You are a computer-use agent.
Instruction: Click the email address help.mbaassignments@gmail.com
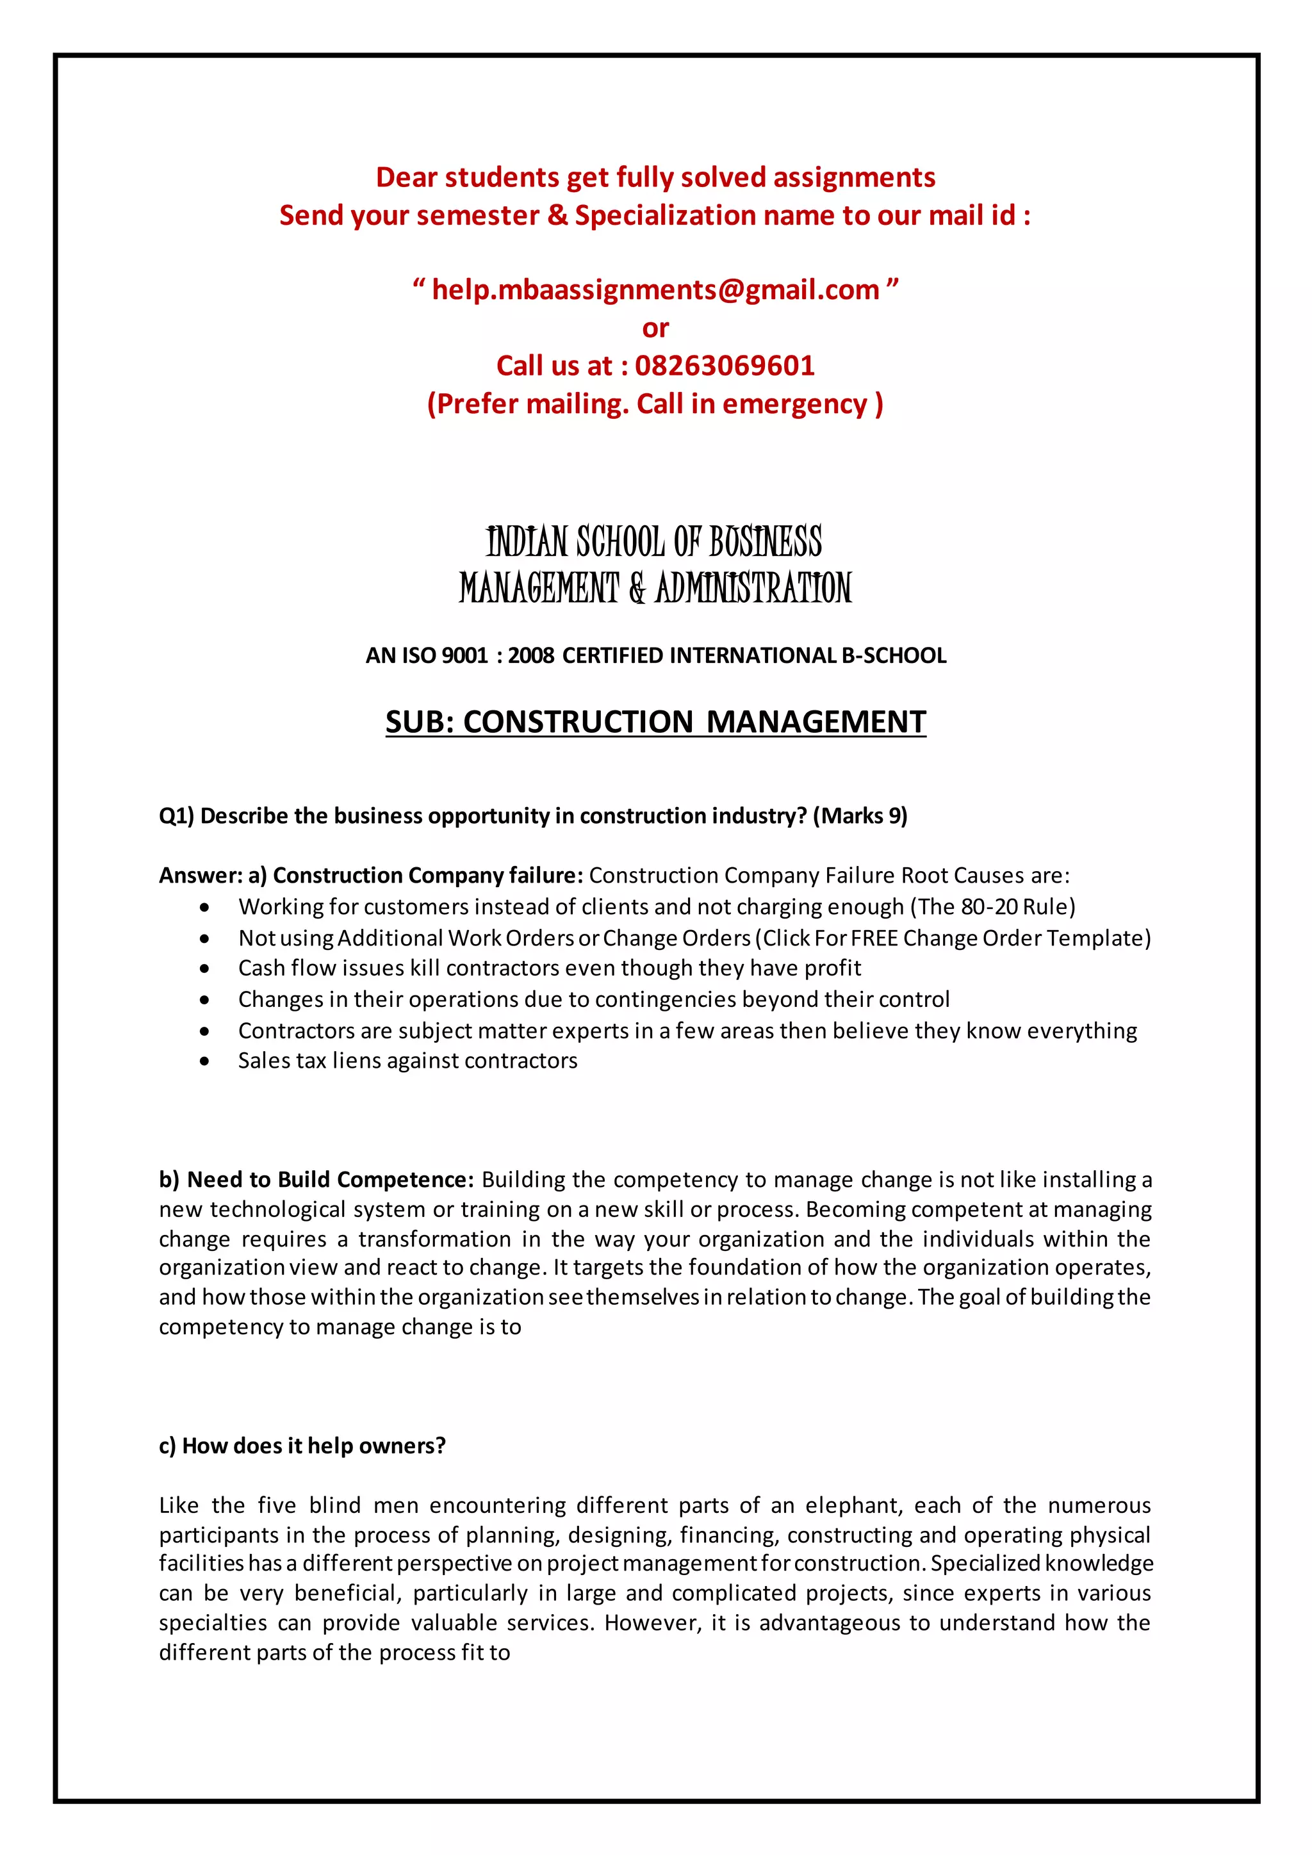(x=655, y=290)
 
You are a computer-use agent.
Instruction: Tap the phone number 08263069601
(x=725, y=366)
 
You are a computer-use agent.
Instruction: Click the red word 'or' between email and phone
(x=655, y=329)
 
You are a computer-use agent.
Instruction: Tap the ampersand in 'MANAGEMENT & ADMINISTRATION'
(x=637, y=588)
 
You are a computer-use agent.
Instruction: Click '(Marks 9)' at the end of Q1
(x=860, y=816)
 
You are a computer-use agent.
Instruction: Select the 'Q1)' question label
(x=176, y=816)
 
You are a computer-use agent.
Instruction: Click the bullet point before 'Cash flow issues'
(x=205, y=968)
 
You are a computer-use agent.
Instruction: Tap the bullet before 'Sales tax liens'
(x=205, y=1061)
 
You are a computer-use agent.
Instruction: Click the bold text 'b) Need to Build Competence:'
(x=316, y=1180)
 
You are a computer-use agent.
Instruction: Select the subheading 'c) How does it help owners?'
(x=302, y=1446)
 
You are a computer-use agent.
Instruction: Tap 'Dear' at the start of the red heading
(x=406, y=177)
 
